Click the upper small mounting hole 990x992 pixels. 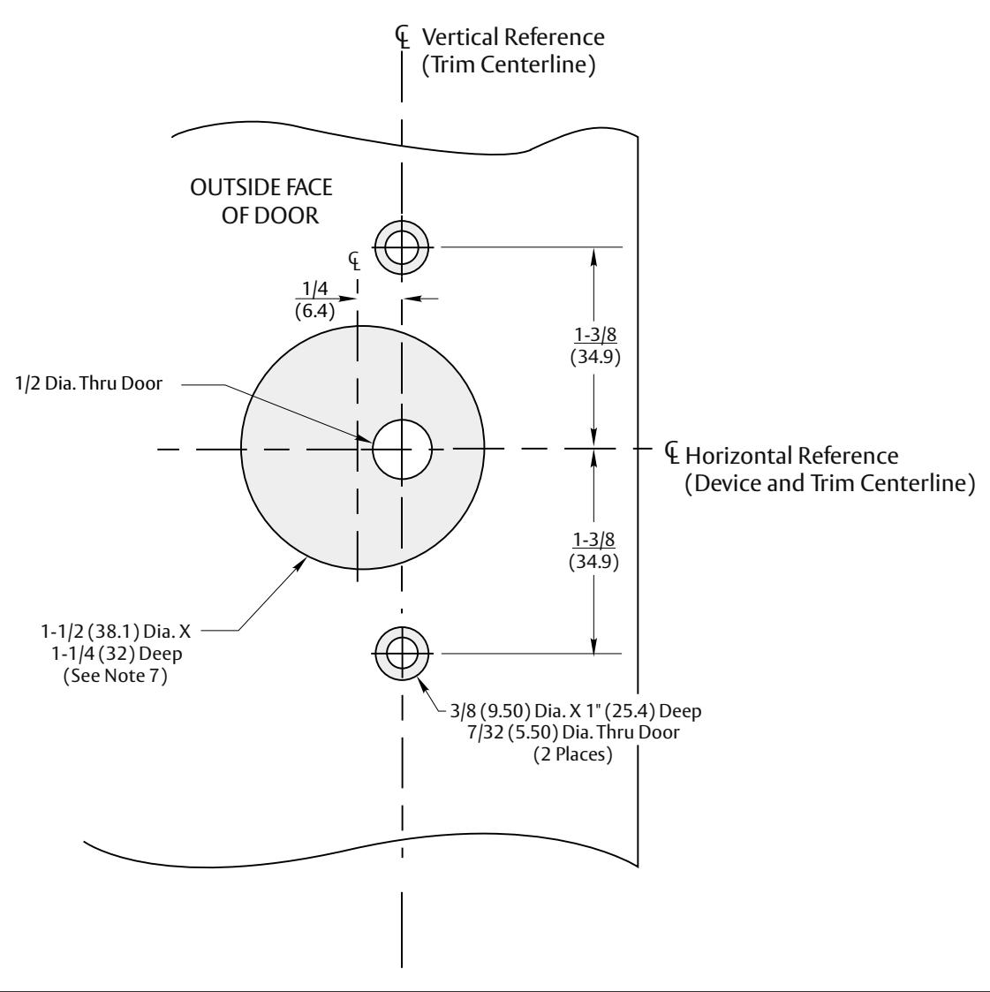pos(402,246)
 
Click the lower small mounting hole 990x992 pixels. pos(402,653)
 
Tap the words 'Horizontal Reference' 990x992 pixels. pos(791,457)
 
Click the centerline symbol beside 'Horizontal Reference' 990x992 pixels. pos(672,452)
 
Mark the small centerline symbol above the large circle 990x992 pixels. pos(353,260)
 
